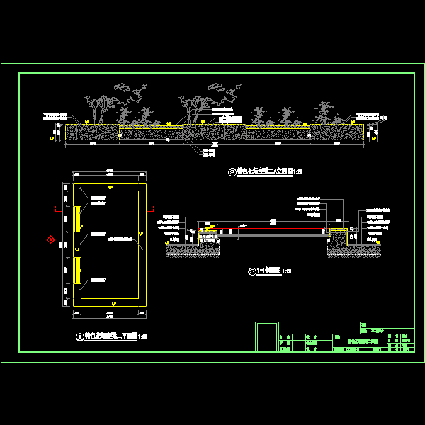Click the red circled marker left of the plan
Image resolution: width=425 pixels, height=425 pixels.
pos(51,240)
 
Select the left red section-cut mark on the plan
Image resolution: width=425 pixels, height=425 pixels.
pos(57,210)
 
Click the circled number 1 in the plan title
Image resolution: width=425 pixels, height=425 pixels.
pos(79,337)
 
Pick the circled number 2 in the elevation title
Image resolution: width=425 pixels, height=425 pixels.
pos(230,172)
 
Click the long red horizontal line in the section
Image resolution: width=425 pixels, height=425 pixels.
pos(273,229)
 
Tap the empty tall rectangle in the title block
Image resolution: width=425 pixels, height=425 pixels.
pos(266,337)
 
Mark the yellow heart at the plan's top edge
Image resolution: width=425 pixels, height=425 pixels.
pos(110,186)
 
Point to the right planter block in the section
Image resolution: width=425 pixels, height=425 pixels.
pos(339,237)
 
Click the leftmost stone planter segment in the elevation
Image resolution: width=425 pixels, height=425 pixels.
pos(92,132)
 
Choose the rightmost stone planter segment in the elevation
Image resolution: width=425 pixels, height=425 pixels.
pos(337,132)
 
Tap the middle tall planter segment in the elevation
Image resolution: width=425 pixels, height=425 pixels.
pos(214,132)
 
